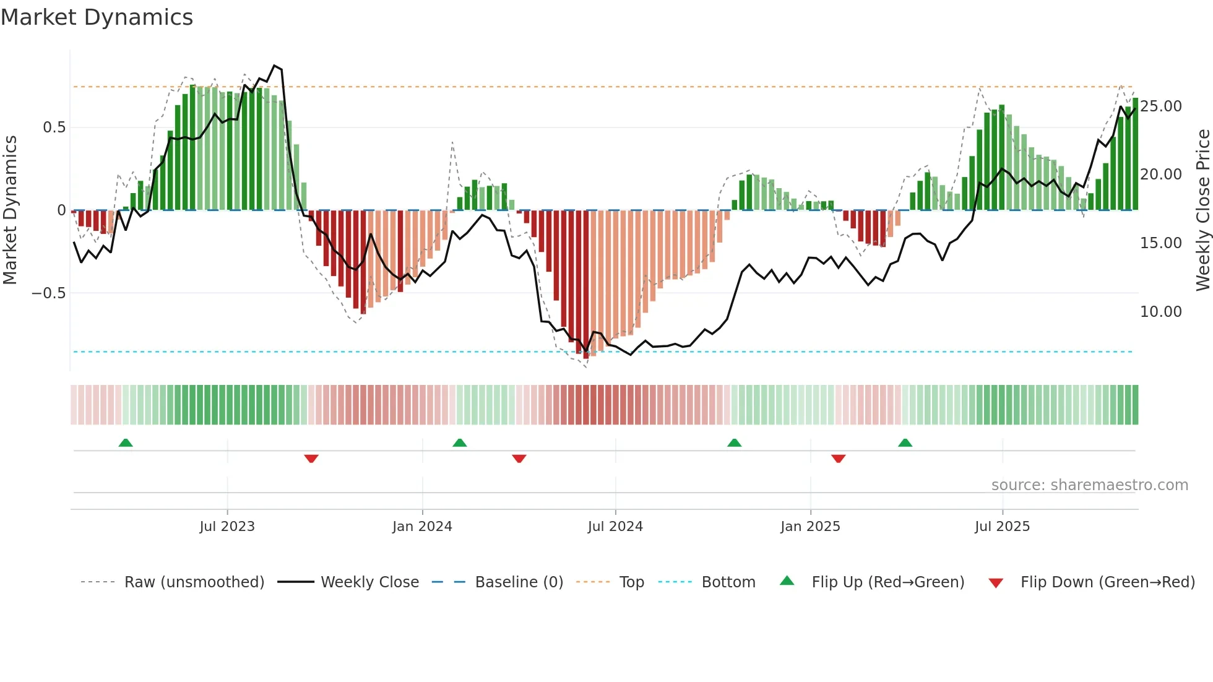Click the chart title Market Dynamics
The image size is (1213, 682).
(97, 17)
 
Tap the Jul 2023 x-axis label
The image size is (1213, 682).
(227, 527)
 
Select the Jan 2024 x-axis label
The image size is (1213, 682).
(422, 527)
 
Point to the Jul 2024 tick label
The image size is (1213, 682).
(615, 527)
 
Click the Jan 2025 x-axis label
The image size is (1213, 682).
(810, 527)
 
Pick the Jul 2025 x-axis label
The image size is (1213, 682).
(1002, 527)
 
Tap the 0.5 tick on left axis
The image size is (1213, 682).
(54, 127)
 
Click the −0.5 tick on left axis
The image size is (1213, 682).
(49, 293)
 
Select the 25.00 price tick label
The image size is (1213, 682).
(1161, 106)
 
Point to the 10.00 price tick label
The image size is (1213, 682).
(1161, 312)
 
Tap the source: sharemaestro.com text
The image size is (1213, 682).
(1089, 485)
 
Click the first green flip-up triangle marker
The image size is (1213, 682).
(126, 442)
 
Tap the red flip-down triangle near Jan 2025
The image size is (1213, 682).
(839, 459)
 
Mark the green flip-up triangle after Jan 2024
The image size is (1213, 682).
(459, 442)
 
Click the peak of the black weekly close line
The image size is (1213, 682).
(275, 66)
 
